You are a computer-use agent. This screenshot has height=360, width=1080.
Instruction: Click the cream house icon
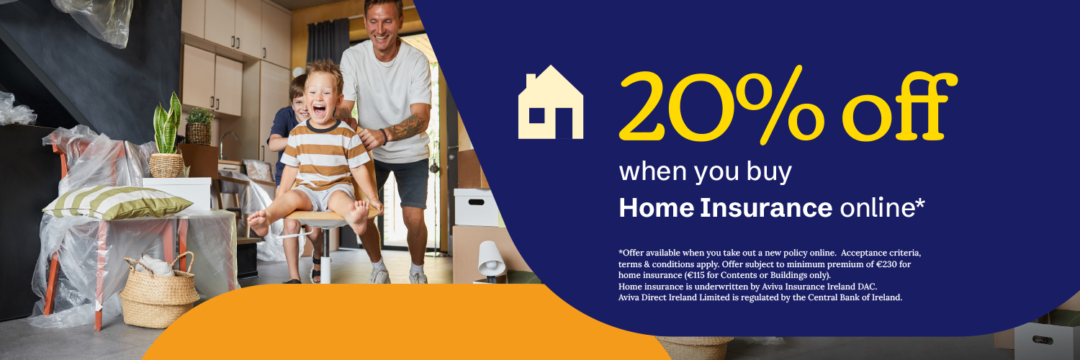pyautogui.click(x=551, y=102)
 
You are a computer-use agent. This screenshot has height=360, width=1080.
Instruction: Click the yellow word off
pyautogui.click(x=896, y=108)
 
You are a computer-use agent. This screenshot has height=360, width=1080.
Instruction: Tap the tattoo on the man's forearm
pyautogui.click(x=407, y=128)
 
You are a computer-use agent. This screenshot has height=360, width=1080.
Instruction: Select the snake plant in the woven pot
pyautogui.click(x=167, y=130)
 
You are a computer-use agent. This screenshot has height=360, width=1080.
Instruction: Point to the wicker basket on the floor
pyautogui.click(x=158, y=292)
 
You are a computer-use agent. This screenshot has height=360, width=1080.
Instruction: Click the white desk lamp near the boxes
pyautogui.click(x=491, y=259)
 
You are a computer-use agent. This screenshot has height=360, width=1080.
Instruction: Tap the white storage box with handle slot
pyautogui.click(x=475, y=207)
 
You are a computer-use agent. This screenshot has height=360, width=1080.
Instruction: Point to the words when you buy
pyautogui.click(x=705, y=171)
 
